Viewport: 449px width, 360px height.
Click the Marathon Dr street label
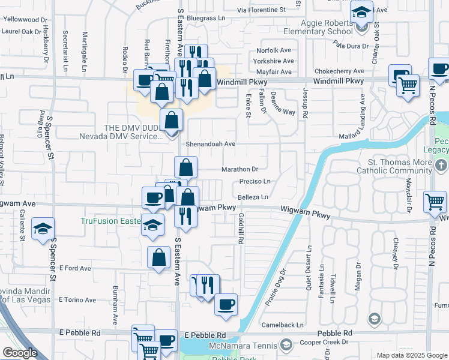(x=240, y=169)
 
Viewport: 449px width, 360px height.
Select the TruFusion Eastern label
(x=112, y=221)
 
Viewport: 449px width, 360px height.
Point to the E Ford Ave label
(x=74, y=268)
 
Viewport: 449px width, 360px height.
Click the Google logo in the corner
(x=20, y=353)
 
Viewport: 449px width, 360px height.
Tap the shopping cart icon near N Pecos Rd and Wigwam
(x=435, y=202)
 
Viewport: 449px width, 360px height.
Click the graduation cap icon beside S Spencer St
(x=43, y=229)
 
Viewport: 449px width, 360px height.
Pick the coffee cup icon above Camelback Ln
(x=226, y=304)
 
